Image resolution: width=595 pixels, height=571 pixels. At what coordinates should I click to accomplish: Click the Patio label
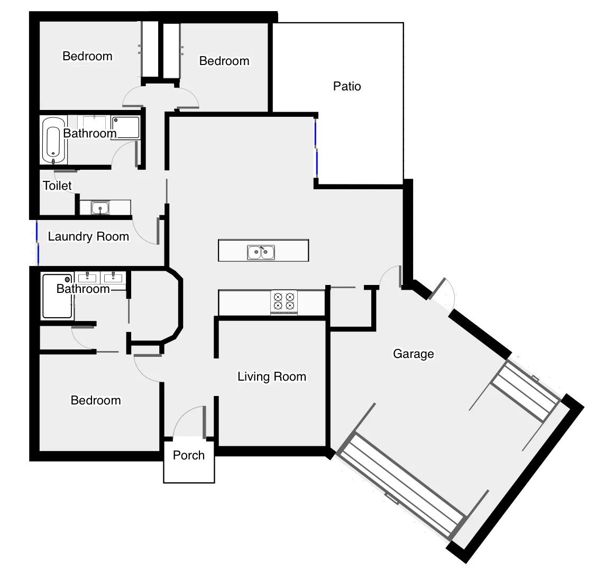pos(347,86)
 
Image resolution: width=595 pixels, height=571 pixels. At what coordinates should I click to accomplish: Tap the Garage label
pos(413,354)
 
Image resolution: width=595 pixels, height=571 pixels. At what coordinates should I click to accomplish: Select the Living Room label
pos(271,376)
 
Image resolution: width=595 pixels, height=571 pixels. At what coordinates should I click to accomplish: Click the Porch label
pos(189,455)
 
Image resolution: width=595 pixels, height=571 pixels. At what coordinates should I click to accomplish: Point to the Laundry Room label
pos(88,236)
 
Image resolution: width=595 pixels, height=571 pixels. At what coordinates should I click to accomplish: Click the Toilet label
pos(57,186)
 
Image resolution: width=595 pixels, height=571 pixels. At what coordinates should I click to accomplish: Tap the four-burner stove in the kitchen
pos(284,301)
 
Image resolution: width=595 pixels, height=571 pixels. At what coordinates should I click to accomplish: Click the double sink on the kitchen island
pos(261,252)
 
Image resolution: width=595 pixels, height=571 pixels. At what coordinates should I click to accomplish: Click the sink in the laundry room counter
pos(100,208)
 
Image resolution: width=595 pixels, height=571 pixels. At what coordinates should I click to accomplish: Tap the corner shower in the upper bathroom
pos(126,127)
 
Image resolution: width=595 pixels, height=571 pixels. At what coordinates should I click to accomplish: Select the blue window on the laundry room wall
pos(38,243)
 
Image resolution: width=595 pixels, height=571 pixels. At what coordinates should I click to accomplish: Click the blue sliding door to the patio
pos(316,149)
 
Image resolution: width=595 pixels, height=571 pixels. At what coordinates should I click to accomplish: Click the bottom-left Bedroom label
pos(96,400)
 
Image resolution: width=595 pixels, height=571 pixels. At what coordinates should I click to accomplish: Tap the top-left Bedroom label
pos(87,56)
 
